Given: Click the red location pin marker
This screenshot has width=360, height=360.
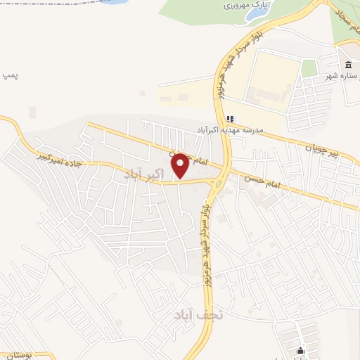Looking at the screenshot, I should tap(180, 166).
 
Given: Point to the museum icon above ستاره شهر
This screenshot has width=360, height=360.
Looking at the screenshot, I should tap(347, 65).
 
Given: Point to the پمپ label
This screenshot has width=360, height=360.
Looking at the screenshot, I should tap(9, 74).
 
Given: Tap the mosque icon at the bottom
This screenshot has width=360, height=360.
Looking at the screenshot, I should tap(301, 352).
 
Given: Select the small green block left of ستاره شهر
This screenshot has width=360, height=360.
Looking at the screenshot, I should tap(309, 68).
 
